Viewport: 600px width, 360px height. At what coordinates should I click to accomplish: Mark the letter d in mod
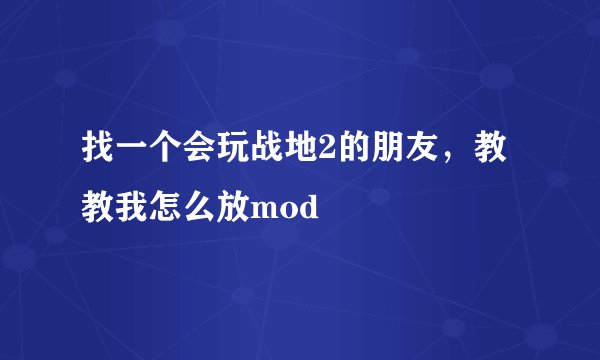click(x=304, y=209)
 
